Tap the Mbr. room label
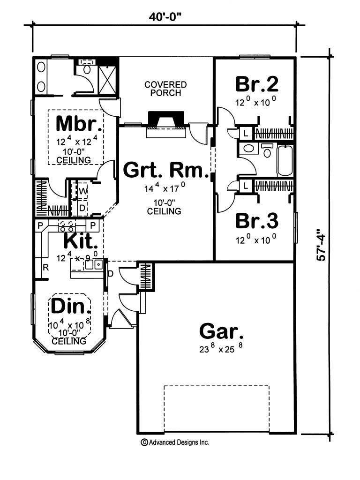coord(79,124)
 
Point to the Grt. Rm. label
coord(165,171)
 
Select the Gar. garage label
coord(221,331)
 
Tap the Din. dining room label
coord(70,307)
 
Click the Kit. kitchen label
coord(81,242)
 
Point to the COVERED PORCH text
coord(165,89)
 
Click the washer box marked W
coord(82,191)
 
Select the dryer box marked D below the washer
coord(82,207)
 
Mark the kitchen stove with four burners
coord(66,226)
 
